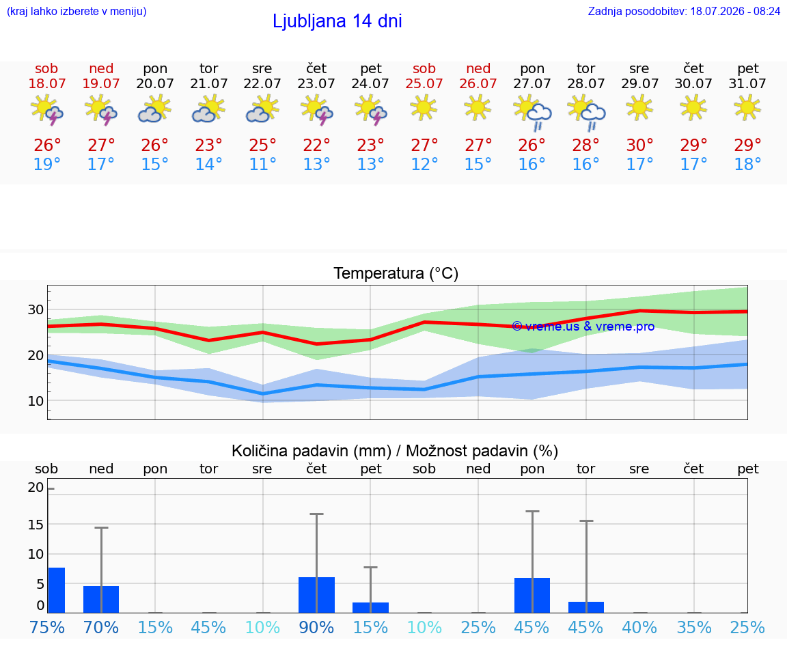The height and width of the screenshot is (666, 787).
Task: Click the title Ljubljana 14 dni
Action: (x=337, y=21)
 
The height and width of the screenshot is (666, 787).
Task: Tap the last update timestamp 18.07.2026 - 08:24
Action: (x=735, y=11)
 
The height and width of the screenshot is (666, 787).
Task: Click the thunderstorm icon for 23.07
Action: (x=316, y=110)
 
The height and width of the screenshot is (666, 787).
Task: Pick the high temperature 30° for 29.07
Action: (x=639, y=145)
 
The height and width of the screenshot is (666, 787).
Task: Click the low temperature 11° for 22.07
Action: (x=262, y=164)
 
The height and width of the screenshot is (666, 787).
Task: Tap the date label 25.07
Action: (x=424, y=83)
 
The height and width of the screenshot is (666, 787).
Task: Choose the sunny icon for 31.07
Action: (x=747, y=108)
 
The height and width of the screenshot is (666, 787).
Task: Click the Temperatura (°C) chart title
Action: (x=396, y=273)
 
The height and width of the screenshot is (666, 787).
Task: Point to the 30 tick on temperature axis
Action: (x=36, y=309)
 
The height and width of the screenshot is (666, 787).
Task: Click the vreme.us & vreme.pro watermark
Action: (x=583, y=327)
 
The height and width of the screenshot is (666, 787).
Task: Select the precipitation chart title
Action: (x=395, y=452)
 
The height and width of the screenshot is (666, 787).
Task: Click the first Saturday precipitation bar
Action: (x=56, y=590)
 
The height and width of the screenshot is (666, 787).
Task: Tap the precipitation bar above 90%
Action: (x=316, y=595)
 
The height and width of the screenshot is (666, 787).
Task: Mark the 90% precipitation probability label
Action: (x=316, y=627)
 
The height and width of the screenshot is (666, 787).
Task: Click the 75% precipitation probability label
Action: (x=47, y=627)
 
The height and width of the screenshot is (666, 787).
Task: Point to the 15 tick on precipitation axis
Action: (x=36, y=525)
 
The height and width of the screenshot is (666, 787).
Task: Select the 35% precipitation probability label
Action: (x=693, y=627)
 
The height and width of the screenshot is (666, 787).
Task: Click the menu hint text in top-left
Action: (x=77, y=11)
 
